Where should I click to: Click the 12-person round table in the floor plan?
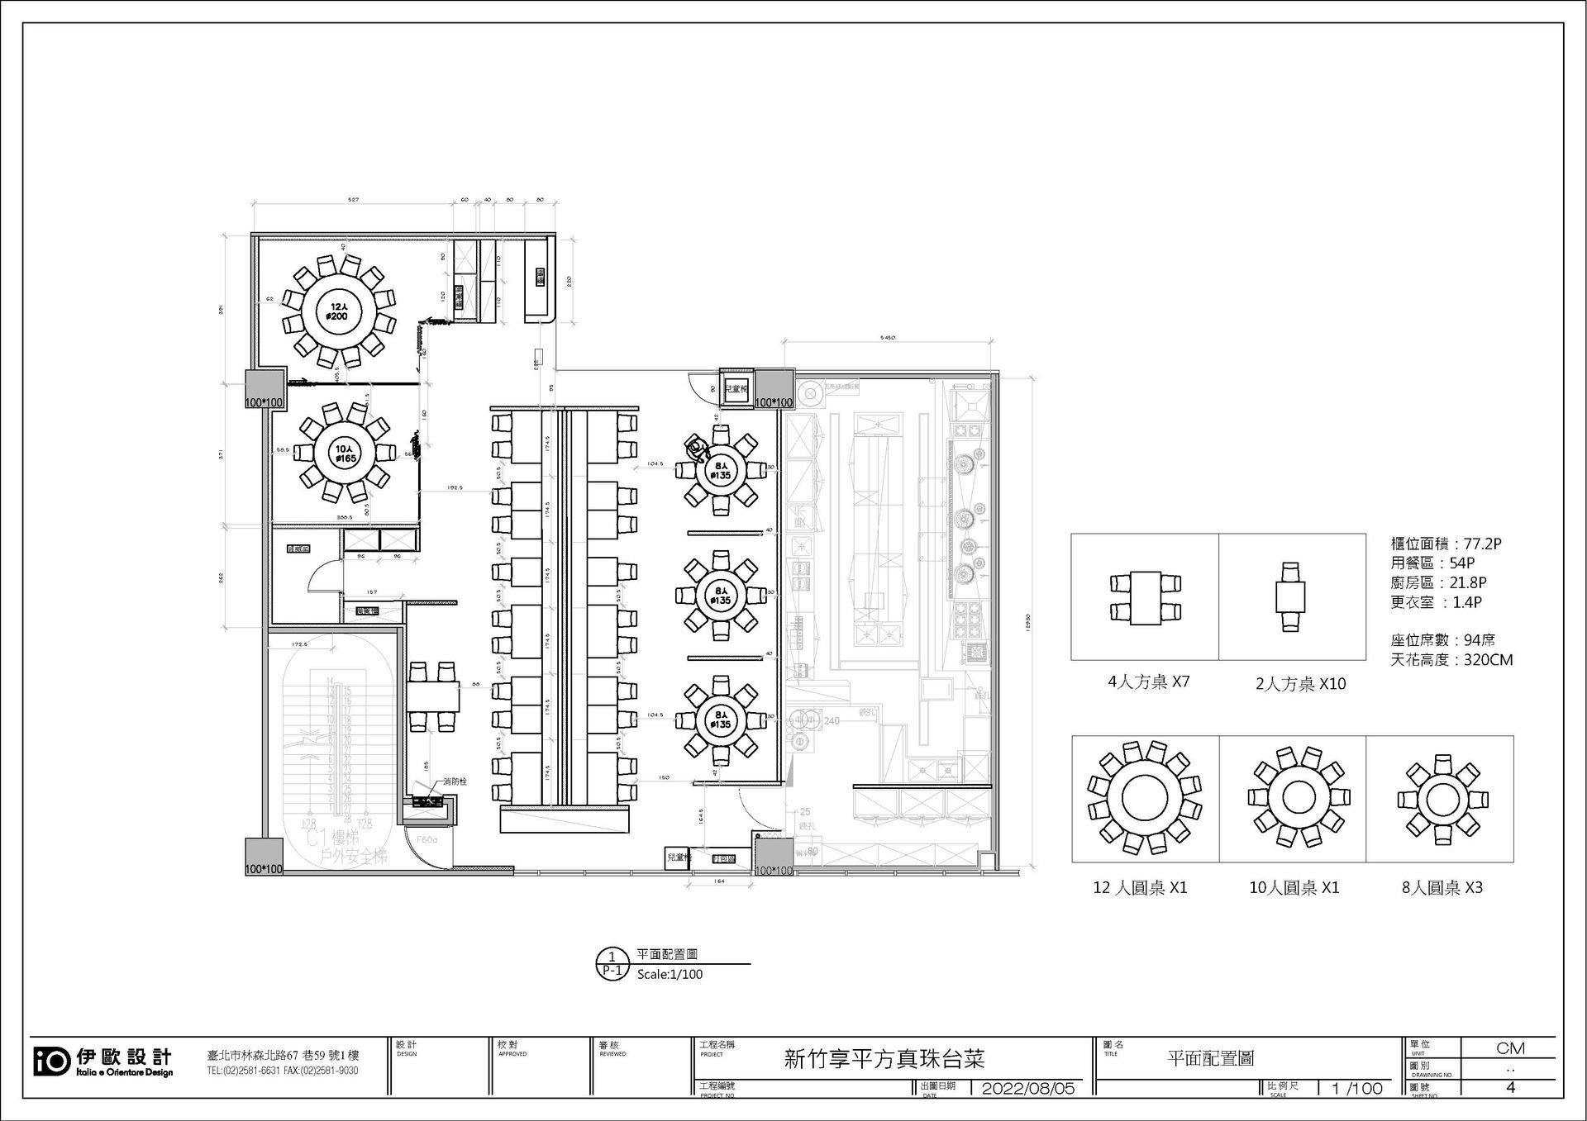pyautogui.click(x=337, y=311)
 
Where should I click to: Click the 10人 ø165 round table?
pyautogui.click(x=346, y=453)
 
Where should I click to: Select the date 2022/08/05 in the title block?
pyautogui.click(x=1027, y=1088)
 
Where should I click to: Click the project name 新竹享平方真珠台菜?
pyautogui.click(x=884, y=1059)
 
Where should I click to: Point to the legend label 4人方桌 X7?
pyautogui.click(x=1148, y=682)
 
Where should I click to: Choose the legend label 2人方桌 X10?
pyautogui.click(x=1300, y=684)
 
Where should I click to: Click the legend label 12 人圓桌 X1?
pyautogui.click(x=1140, y=888)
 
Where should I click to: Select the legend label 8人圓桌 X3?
pyautogui.click(x=1442, y=888)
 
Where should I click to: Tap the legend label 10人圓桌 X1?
pyautogui.click(x=1294, y=888)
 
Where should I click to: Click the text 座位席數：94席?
pyautogui.click(x=1442, y=640)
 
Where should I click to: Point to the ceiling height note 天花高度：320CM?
pyautogui.click(x=1451, y=660)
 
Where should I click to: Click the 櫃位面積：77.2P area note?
pyautogui.click(x=1446, y=544)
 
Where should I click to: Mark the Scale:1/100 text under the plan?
pyautogui.click(x=670, y=975)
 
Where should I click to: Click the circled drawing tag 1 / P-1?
pyautogui.click(x=612, y=964)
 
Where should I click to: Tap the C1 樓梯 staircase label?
pyautogui.click(x=332, y=838)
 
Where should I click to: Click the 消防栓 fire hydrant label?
pyautogui.click(x=455, y=781)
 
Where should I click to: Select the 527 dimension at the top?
pyautogui.click(x=353, y=200)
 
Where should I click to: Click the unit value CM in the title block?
pyautogui.click(x=1510, y=1048)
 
